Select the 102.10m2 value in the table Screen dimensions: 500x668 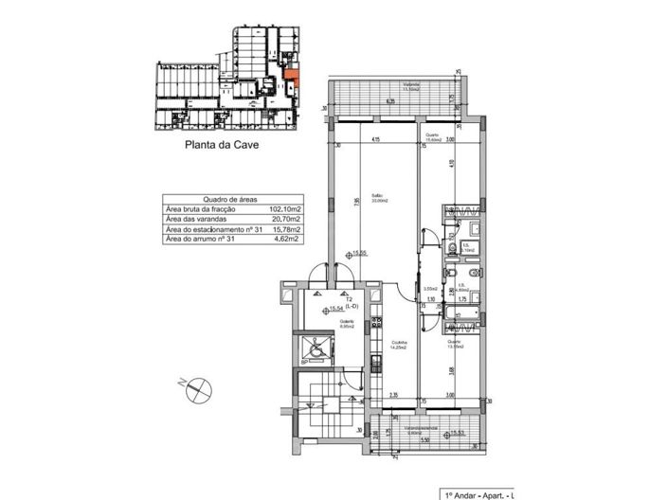284,210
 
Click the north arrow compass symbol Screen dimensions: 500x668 198,385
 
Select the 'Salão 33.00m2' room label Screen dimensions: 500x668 377,199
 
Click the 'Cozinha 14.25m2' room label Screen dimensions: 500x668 400,346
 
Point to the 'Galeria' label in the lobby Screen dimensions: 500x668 347,323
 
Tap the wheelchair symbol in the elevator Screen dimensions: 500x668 313,347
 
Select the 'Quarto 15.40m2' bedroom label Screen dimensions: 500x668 432,137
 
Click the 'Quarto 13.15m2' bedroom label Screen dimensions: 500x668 454,345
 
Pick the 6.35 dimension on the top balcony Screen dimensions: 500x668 389,101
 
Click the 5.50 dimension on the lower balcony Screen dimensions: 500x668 425,440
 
